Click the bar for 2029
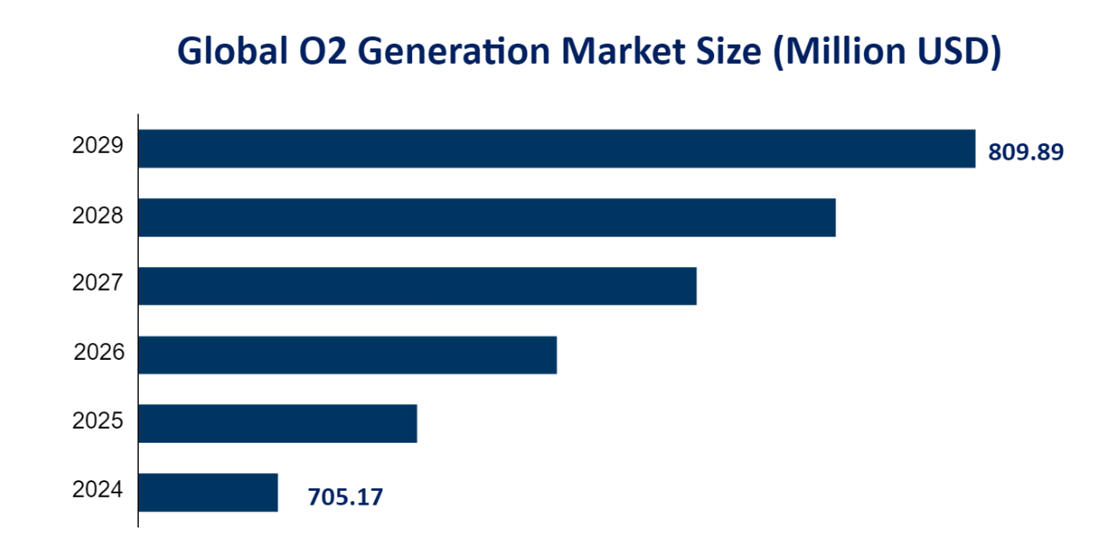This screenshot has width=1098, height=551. pyautogui.click(x=556, y=148)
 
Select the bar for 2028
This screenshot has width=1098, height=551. pyautogui.click(x=486, y=217)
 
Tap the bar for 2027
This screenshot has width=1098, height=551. pyautogui.click(x=417, y=286)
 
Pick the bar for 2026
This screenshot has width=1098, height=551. pyautogui.click(x=347, y=355)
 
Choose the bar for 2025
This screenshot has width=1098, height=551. pyautogui.click(x=278, y=424)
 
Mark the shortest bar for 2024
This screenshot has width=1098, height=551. pyautogui.click(x=208, y=492)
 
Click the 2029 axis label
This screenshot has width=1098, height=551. pyautogui.click(x=98, y=147)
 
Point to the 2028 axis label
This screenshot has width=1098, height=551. pyautogui.click(x=98, y=215)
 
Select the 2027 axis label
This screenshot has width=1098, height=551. pyautogui.click(x=98, y=284)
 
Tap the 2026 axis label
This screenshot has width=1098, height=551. pyautogui.click(x=99, y=353)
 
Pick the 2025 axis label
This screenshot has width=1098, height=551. pyautogui.click(x=98, y=422)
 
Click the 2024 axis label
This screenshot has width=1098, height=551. pyautogui.click(x=98, y=490)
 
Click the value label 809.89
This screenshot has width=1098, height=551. pyautogui.click(x=1026, y=153)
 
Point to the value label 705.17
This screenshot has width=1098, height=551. pyautogui.click(x=345, y=498)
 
